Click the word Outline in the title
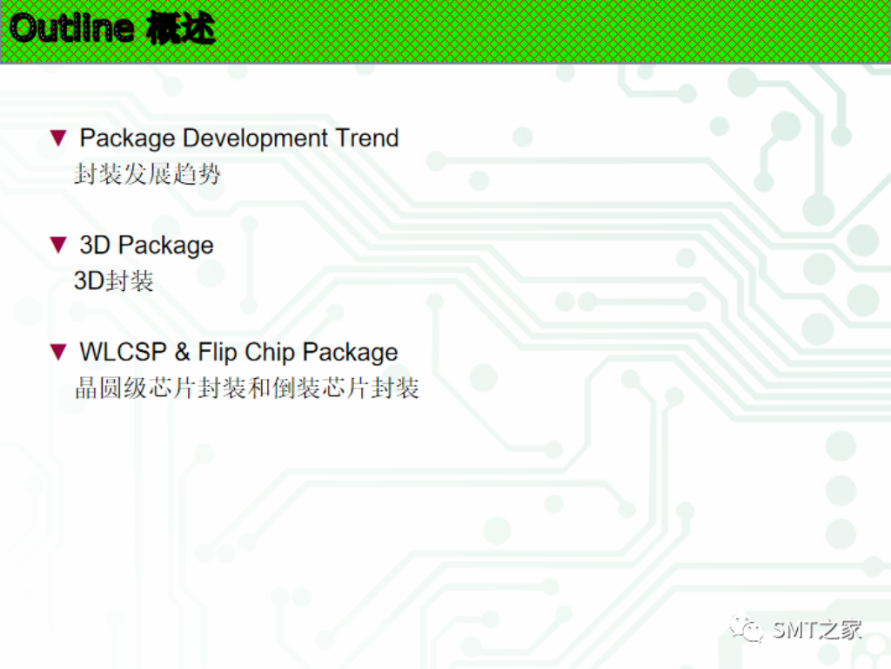coord(72,30)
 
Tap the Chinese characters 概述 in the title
coord(180,30)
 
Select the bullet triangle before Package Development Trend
coord(58,138)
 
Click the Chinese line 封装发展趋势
coord(147,174)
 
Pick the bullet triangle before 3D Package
coord(58,245)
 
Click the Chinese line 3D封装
coord(113,281)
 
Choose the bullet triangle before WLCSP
coord(58,352)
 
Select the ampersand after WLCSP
coord(182,352)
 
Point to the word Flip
coord(217,352)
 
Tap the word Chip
coord(270,352)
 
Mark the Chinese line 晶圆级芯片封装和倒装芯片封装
coord(247,389)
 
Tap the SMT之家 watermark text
coord(817,629)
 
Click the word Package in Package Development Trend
coord(127,139)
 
